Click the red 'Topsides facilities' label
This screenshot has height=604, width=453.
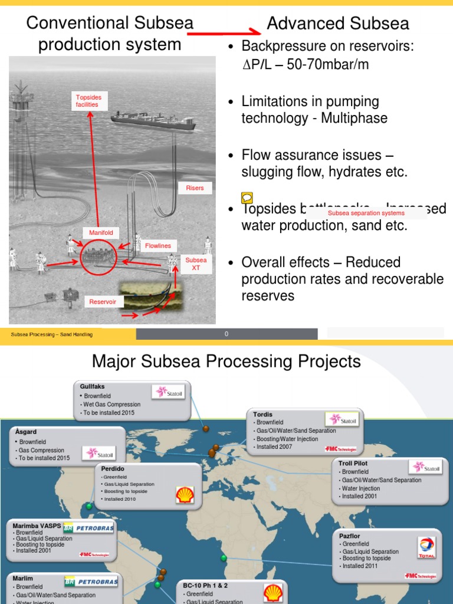pyautogui.click(x=87, y=101)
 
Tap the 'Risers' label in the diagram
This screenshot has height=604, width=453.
pyautogui.click(x=195, y=188)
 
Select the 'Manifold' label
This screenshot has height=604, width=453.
pyautogui.click(x=101, y=233)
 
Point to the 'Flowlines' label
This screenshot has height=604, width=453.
pyautogui.click(x=158, y=246)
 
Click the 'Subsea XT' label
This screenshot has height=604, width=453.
pyautogui.click(x=196, y=264)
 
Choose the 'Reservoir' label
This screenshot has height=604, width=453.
pyautogui.click(x=103, y=302)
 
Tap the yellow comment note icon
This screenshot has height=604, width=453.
pyautogui.click(x=247, y=198)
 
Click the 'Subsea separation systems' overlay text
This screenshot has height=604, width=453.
pyautogui.click(x=366, y=213)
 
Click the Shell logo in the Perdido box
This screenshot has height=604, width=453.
pyautogui.click(x=184, y=494)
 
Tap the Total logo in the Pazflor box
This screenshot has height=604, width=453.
pyautogui.click(x=426, y=547)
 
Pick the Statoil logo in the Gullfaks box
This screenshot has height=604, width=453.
pyautogui.click(x=168, y=392)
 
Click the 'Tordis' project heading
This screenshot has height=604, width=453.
pyautogui.click(x=262, y=415)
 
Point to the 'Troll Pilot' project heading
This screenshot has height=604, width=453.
pyautogui.click(x=353, y=464)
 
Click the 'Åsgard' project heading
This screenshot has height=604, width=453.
pyautogui.click(x=25, y=432)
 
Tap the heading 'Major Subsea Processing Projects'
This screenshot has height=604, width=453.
pyautogui.click(x=226, y=361)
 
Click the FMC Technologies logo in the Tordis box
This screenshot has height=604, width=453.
pyautogui.click(x=341, y=448)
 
